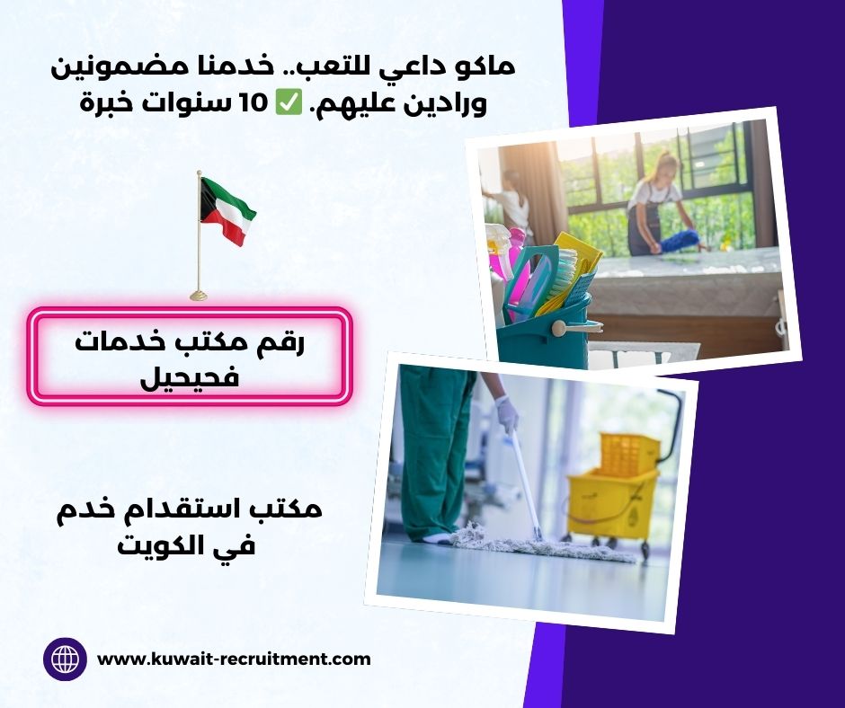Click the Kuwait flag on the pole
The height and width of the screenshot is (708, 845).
(227, 210)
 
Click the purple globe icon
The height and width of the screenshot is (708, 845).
(65, 659)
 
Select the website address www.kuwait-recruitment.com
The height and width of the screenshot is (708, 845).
(234, 659)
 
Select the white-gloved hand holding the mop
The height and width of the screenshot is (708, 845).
(506, 414)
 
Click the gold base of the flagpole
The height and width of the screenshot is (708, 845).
(199, 294)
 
